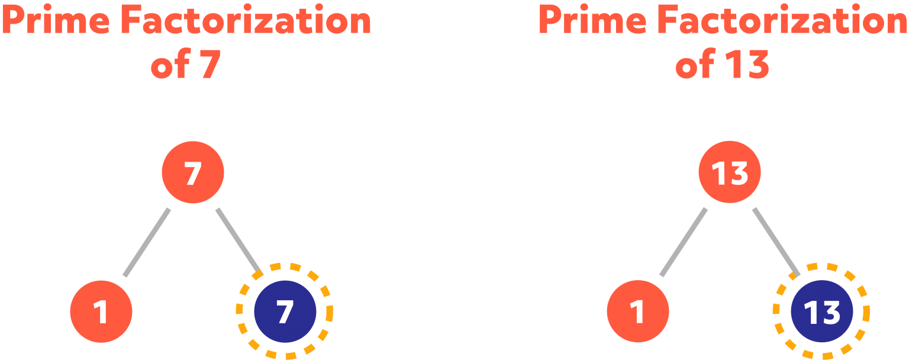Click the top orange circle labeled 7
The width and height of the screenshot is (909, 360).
pos(193,172)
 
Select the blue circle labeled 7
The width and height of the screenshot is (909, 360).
pos(285,311)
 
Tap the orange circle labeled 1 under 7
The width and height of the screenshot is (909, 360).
pos(101,311)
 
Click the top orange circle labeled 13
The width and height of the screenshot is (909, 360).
pos(729,172)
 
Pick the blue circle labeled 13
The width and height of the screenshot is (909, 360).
pos(821,311)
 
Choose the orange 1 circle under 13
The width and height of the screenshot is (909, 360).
pos(638,311)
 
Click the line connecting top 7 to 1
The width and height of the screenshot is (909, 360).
pos(147,242)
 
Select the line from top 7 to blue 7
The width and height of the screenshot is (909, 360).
pos(238,241)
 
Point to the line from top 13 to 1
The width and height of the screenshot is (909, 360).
pos(684,242)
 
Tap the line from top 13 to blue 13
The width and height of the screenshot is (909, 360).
pos(776,241)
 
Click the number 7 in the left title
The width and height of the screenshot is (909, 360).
pos(210,65)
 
